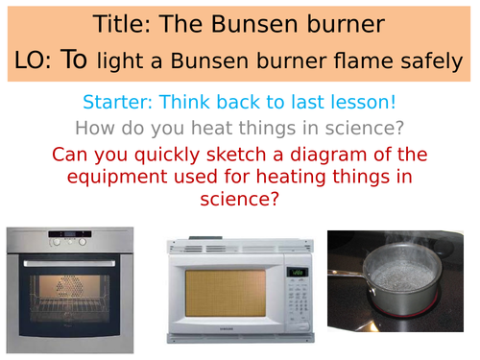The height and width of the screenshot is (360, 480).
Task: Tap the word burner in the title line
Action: coord(326,22)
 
